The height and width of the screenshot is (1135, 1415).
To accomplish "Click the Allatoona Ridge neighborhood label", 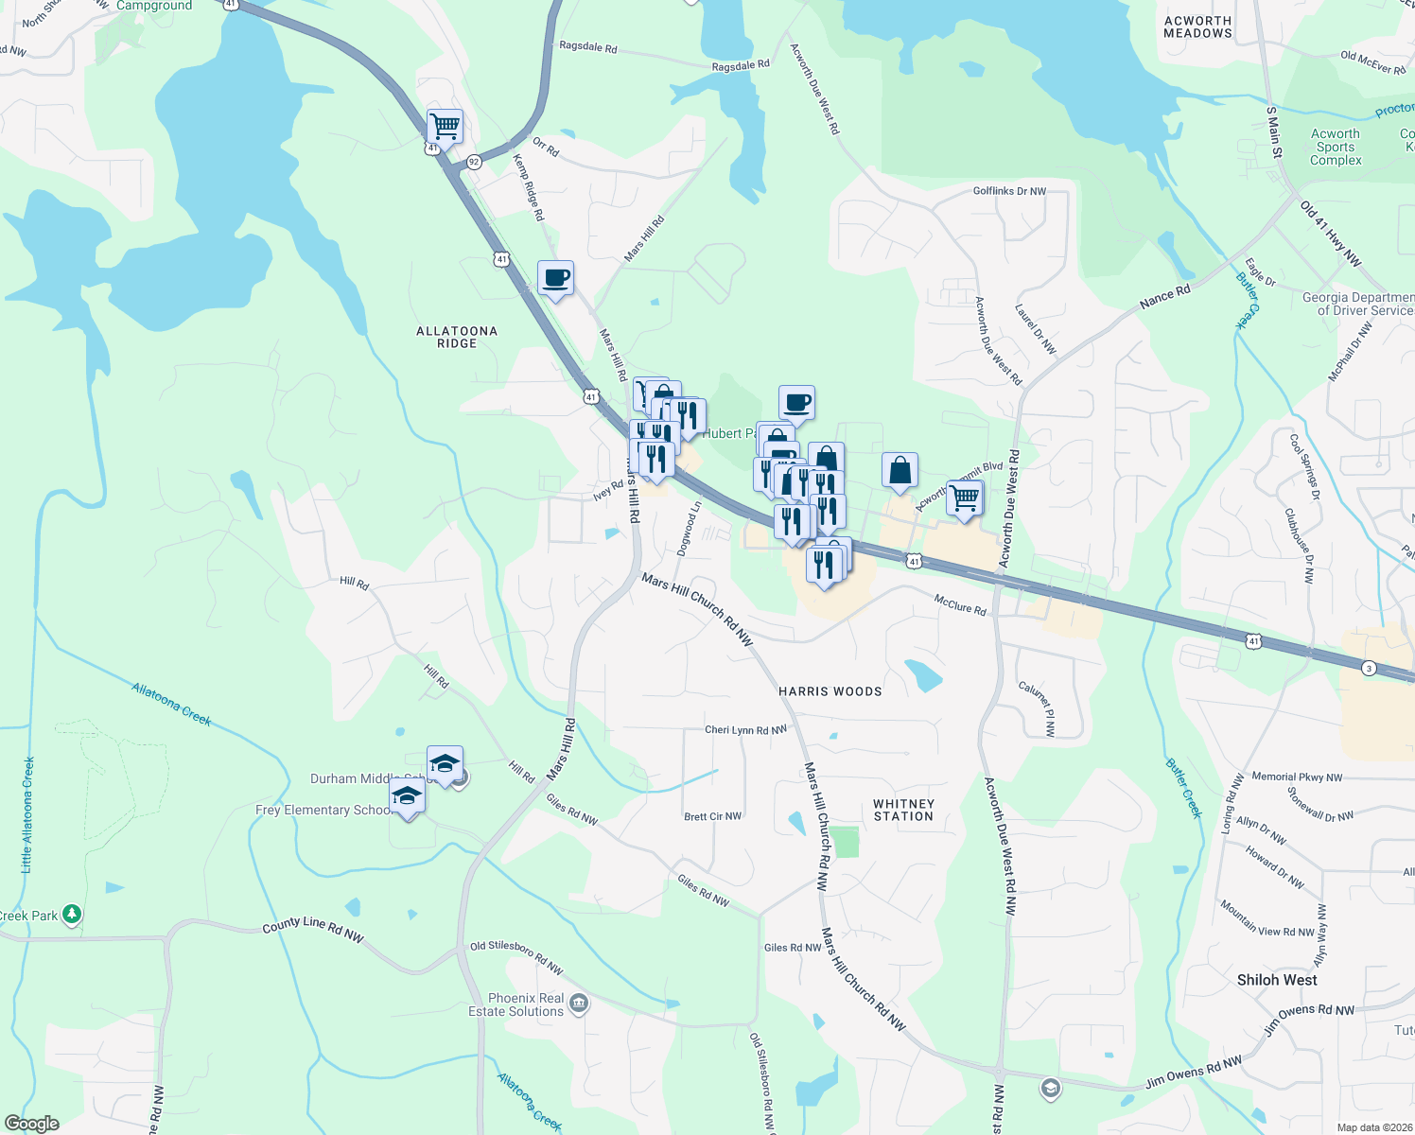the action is (457, 338).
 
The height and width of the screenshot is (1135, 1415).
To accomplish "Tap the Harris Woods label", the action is (830, 691).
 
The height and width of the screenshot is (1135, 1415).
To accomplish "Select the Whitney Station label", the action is (903, 810).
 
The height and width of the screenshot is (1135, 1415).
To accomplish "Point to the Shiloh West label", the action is (1276, 980).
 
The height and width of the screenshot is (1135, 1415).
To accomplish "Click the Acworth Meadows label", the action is (1197, 26).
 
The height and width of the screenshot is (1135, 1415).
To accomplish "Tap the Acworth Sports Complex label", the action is (1336, 147).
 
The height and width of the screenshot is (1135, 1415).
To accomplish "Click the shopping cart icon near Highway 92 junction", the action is (445, 125).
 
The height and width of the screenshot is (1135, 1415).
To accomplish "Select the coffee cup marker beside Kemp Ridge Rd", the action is (555, 278).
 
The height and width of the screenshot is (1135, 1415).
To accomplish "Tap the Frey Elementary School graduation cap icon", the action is (407, 796).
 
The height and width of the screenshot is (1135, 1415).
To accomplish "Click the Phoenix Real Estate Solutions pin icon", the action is (579, 1004).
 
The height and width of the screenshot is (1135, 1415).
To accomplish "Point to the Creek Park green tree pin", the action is (72, 915).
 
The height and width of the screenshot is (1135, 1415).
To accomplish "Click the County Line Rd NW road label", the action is (313, 929).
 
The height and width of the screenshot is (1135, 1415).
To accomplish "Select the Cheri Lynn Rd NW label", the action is (745, 730).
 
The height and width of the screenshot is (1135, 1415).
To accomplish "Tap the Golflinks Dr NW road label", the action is (1009, 191).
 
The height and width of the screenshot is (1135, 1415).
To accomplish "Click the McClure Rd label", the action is (960, 604).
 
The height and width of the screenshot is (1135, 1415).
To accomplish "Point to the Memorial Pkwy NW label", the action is (1297, 777).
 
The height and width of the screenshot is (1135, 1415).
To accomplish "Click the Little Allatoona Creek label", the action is (27, 813).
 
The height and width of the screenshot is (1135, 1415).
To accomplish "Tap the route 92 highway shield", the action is (474, 163).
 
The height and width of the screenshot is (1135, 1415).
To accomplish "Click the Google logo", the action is (32, 1124).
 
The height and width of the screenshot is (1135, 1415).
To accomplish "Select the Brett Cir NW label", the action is (712, 816).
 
